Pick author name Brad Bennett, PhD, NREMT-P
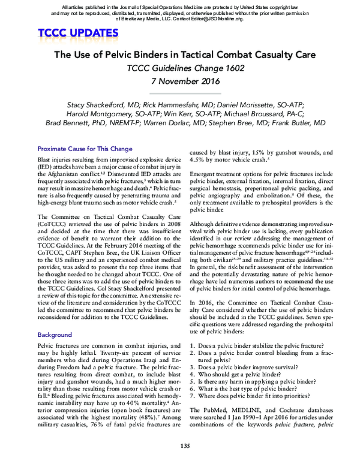[85, 122]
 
